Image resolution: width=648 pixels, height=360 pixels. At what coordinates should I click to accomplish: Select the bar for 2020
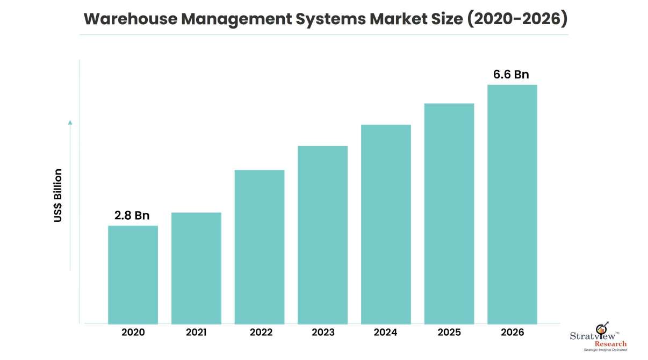(133, 275)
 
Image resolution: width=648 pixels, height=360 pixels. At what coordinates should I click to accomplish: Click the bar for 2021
(196, 268)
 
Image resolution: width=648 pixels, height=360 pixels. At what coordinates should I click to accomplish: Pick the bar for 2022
(260, 247)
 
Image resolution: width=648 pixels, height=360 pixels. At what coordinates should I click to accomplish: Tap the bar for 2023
(322, 235)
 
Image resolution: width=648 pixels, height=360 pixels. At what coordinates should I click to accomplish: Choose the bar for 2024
(386, 224)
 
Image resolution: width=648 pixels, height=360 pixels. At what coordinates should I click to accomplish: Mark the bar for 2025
(449, 213)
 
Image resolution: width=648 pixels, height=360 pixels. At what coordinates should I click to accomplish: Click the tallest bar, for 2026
(512, 204)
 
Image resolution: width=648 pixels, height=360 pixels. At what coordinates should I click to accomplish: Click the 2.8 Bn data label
(132, 215)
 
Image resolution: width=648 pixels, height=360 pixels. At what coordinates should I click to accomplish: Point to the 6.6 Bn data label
(512, 75)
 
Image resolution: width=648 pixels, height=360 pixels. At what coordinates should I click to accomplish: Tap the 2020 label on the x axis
(133, 333)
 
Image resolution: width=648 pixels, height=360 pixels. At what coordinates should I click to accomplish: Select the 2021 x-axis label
(196, 333)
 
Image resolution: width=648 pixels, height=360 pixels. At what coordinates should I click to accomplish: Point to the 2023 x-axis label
(322, 333)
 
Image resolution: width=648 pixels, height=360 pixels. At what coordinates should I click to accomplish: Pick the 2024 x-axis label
(386, 333)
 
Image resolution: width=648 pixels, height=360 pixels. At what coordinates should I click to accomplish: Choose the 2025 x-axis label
(449, 333)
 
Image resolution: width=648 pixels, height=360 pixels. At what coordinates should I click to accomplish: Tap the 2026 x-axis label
(512, 333)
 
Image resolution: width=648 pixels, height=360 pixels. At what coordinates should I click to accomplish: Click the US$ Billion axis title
(58, 196)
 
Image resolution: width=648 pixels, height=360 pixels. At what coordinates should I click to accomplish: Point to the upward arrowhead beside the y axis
(70, 123)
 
